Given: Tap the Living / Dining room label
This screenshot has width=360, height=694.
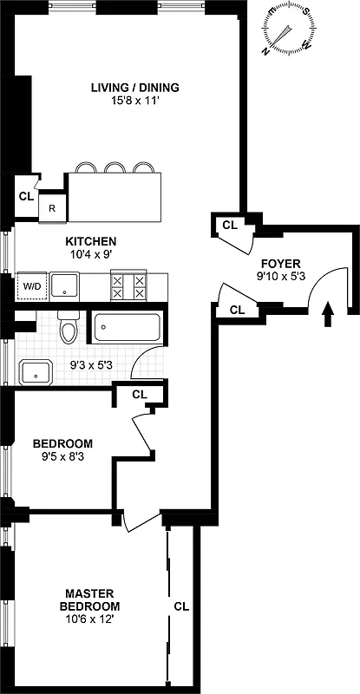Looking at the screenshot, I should click(x=135, y=87).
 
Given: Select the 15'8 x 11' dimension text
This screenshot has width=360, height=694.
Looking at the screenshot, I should click(x=135, y=100).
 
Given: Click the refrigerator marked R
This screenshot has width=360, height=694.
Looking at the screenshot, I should click(x=52, y=208).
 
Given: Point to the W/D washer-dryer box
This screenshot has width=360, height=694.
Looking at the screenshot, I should click(x=31, y=285).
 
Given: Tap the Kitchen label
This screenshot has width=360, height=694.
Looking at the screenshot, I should click(x=91, y=241).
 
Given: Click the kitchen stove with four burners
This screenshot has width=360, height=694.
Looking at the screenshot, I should click(x=127, y=285).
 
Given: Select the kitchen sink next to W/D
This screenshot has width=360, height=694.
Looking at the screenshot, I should click(x=65, y=285).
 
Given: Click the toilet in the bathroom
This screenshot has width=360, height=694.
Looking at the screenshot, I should click(x=67, y=327).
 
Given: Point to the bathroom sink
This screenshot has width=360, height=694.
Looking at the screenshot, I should click(x=37, y=371).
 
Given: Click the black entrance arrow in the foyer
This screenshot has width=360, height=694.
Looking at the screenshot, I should click(x=327, y=313).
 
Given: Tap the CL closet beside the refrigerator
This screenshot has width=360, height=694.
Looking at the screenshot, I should click(x=25, y=196).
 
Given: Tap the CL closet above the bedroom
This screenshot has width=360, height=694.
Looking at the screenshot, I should click(x=140, y=394).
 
